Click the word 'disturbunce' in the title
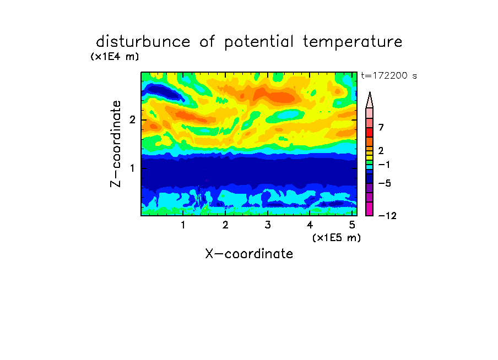(x=143, y=41)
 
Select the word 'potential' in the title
(x=259, y=42)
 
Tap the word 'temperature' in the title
(x=353, y=42)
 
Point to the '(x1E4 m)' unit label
(x=115, y=57)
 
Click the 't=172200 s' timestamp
(x=389, y=76)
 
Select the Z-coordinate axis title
(x=115, y=144)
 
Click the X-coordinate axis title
(x=249, y=254)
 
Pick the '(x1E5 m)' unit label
(x=337, y=238)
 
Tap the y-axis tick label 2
(x=132, y=120)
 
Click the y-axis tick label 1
(x=132, y=168)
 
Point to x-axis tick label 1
(x=183, y=225)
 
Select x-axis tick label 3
(x=268, y=225)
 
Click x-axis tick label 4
(x=310, y=225)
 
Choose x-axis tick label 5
(x=352, y=225)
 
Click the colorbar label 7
(x=381, y=128)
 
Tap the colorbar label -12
(x=387, y=216)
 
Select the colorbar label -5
(x=385, y=183)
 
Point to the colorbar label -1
(x=384, y=165)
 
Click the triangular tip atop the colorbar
(x=370, y=92)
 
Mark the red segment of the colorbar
(x=370, y=132)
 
